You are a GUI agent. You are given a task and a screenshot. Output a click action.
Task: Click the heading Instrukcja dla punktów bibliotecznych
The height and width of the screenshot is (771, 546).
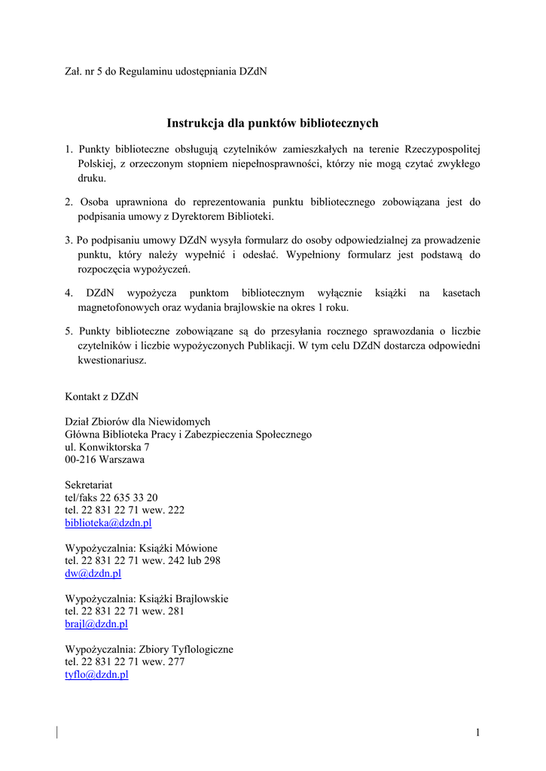(x=273, y=123)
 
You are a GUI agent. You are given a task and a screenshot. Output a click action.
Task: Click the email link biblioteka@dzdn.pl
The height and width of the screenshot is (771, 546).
(x=108, y=523)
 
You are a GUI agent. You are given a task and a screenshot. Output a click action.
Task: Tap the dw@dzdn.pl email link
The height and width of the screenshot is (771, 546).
(x=93, y=573)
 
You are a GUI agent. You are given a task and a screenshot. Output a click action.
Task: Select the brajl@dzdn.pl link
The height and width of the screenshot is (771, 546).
(x=96, y=623)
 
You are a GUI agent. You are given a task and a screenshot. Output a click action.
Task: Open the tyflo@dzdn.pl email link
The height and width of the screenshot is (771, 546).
(x=96, y=675)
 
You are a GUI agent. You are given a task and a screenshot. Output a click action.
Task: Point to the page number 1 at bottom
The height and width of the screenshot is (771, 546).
(x=477, y=733)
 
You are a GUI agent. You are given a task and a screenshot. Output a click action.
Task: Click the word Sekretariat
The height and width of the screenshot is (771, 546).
(x=89, y=485)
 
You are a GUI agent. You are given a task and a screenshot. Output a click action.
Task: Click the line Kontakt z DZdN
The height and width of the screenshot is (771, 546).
(x=102, y=396)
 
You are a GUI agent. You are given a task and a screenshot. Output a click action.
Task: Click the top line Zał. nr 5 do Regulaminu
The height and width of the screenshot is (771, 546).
(x=166, y=72)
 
